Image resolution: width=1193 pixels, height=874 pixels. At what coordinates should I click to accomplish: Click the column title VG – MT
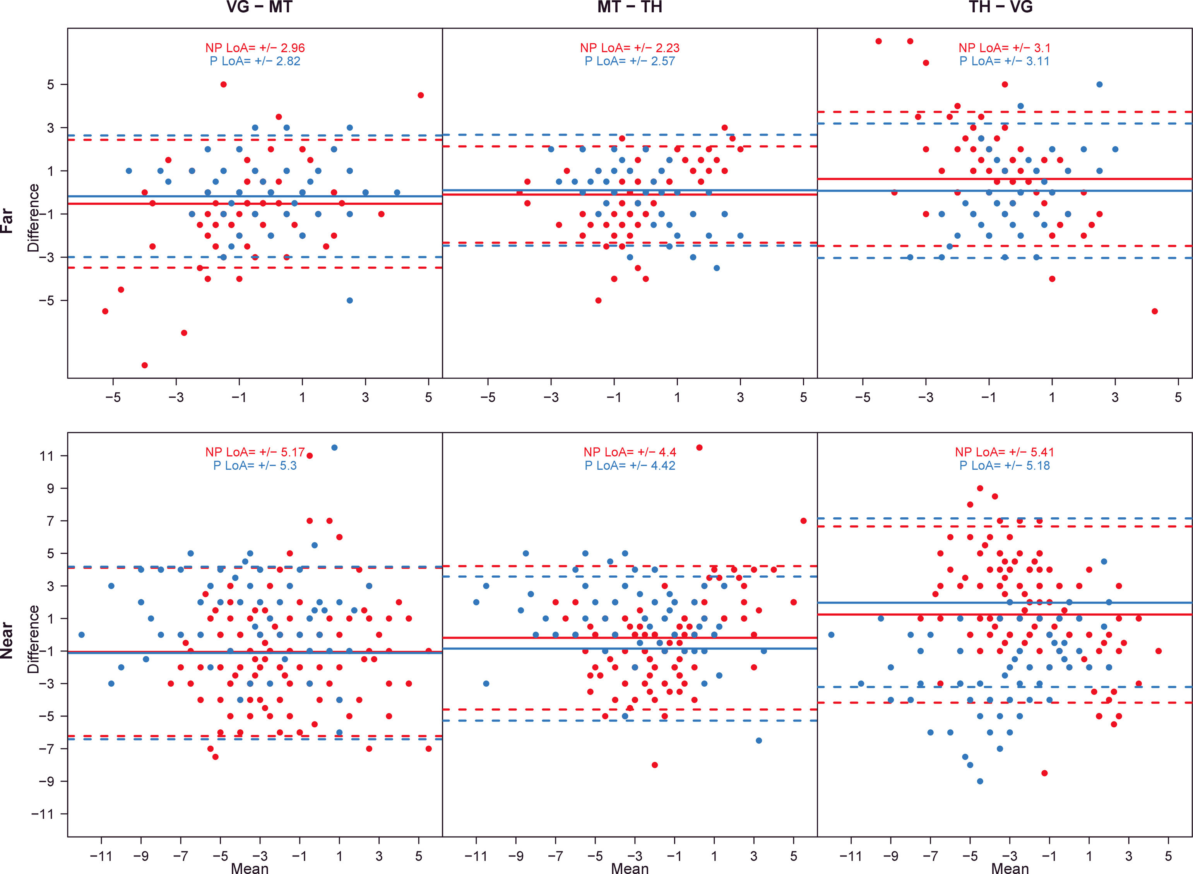point(259,7)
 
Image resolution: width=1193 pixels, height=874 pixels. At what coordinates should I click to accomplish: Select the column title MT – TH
point(630,7)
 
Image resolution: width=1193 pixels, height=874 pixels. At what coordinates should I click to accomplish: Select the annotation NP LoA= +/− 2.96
point(255,48)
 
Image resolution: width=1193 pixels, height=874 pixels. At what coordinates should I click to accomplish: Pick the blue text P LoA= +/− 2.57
point(630,62)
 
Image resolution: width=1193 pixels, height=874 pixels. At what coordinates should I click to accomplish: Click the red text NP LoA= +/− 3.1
point(1004,48)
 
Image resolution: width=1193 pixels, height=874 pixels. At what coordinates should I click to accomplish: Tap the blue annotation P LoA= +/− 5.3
point(255,465)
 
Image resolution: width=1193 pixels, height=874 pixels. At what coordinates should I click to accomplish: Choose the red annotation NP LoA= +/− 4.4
point(630,452)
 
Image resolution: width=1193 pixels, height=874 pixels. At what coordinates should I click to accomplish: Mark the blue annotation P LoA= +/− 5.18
point(1004,465)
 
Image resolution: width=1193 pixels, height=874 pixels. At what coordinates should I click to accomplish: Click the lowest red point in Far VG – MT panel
point(144,365)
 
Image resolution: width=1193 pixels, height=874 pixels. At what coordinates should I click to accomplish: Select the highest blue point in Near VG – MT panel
point(334,448)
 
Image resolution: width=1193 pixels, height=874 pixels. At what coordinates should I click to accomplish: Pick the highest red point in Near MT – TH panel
point(699,448)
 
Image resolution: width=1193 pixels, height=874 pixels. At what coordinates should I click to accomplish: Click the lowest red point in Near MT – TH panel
point(654,765)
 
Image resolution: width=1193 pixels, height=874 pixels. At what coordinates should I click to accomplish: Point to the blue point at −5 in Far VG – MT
point(350,301)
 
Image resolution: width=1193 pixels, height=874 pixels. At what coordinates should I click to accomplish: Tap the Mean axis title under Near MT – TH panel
point(630,868)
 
